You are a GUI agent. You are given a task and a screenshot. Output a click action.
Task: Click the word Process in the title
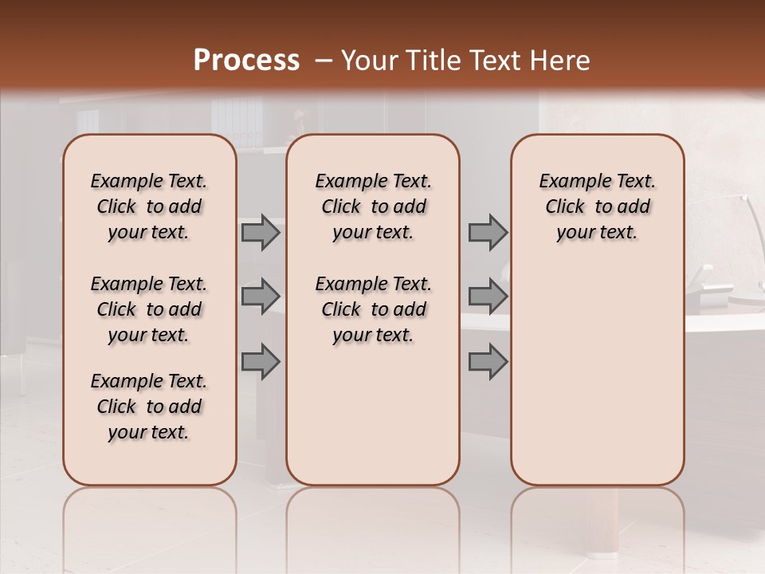point(246,61)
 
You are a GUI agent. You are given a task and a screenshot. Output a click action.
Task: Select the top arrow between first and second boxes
point(261,232)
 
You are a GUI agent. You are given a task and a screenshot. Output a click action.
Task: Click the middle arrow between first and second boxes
point(261,297)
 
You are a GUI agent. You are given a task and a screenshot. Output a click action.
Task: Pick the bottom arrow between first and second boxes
point(261,362)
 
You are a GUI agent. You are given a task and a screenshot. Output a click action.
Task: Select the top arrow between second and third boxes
point(488,232)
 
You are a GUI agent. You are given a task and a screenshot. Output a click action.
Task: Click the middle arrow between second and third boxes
point(488,297)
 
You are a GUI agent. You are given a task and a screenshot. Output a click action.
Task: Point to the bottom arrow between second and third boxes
point(488,362)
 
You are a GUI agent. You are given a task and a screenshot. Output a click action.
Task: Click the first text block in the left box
point(149,206)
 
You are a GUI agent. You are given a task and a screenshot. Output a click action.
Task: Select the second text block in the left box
point(149,309)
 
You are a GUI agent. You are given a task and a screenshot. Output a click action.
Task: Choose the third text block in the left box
point(149,407)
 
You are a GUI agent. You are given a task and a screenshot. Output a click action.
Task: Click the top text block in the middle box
point(373,206)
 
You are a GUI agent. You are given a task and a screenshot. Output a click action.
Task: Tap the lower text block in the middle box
point(373,309)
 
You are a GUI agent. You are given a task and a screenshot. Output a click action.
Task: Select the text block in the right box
point(597,206)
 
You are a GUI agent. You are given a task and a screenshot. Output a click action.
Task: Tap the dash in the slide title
point(324,61)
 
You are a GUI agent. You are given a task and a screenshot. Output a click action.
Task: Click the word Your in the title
point(370,61)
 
